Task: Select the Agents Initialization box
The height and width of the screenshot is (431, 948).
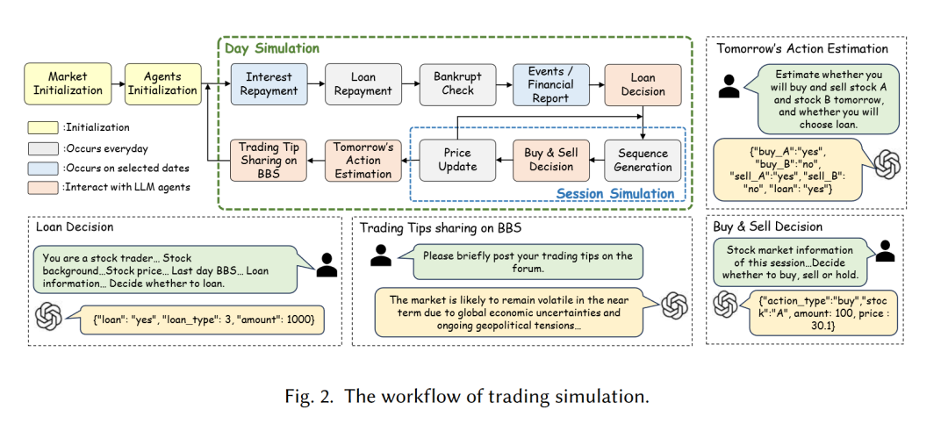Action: click(162, 83)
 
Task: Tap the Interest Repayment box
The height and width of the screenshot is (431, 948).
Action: click(269, 83)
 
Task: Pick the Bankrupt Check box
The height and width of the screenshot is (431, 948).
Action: click(457, 83)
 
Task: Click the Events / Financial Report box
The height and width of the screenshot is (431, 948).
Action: click(551, 84)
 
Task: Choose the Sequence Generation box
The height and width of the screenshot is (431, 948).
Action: click(643, 160)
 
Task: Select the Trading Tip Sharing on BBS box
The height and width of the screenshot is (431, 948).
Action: click(269, 160)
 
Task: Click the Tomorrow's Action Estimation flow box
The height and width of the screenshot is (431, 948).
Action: click(363, 160)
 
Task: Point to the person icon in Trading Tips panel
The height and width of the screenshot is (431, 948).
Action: click(380, 255)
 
